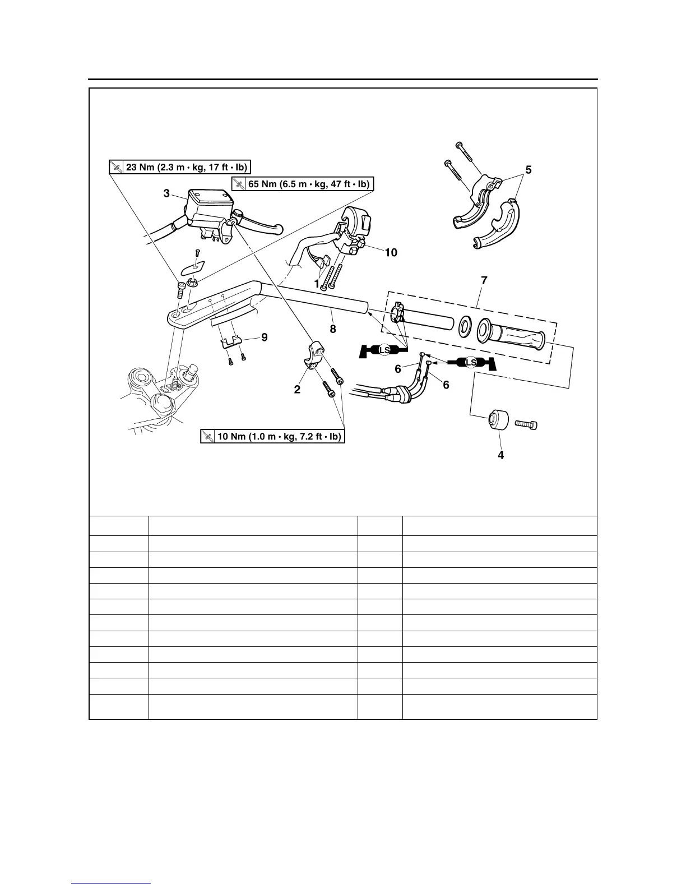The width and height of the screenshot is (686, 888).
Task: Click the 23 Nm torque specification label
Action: pyautogui.click(x=179, y=167)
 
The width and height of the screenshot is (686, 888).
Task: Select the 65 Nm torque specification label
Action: pyautogui.click(x=303, y=184)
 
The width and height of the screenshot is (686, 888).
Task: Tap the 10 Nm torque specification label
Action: pyautogui.click(x=272, y=437)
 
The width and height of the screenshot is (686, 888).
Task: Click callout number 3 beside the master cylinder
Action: pyautogui.click(x=166, y=193)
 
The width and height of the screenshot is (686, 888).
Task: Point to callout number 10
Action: pyautogui.click(x=391, y=253)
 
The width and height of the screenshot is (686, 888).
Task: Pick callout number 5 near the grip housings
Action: pyautogui.click(x=529, y=170)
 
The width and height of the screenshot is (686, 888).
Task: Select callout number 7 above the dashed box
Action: pyautogui.click(x=484, y=280)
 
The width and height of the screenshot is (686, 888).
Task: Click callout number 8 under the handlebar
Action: pyautogui.click(x=333, y=330)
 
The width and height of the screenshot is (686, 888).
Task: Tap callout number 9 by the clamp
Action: pyautogui.click(x=264, y=337)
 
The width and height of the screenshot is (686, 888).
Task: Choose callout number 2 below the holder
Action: pyautogui.click(x=297, y=390)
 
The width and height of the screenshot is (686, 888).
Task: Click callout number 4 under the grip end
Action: pyautogui.click(x=500, y=455)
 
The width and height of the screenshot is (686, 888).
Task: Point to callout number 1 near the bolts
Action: pyautogui.click(x=317, y=284)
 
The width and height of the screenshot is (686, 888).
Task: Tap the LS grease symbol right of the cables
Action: pyautogui.click(x=471, y=363)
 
